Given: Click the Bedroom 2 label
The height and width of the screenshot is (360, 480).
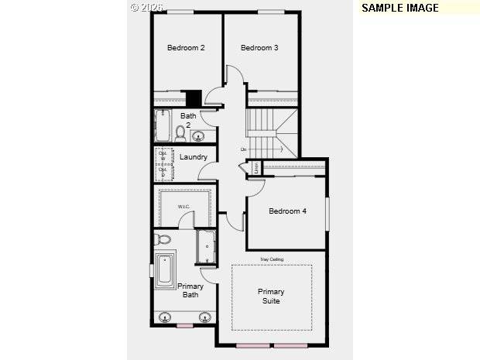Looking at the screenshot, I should pos(186,48).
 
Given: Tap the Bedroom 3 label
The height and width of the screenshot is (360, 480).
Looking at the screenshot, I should pos(259,48).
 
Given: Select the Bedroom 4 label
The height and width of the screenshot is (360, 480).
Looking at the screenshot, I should pos(287,211).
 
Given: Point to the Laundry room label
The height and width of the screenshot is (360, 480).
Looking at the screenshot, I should pos(194,157).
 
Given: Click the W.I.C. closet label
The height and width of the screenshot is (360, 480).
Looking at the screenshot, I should pos(184,207).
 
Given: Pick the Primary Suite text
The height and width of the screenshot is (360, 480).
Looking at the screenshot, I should pos(271,297).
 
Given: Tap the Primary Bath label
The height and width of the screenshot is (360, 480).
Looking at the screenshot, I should pos(191,290).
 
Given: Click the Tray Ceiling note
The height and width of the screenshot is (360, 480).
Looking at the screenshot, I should pos(271,259).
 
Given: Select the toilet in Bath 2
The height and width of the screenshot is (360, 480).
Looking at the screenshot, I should pos(181,133).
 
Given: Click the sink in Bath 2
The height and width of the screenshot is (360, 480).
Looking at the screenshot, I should pos(198,137).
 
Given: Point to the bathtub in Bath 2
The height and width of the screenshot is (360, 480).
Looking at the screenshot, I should pos(163,125).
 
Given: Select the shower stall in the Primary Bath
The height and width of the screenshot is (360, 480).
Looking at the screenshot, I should pos(207,247).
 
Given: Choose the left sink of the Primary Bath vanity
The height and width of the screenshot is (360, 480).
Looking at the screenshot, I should pos(166,317).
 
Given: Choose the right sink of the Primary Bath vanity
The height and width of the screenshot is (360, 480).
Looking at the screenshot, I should pos(205,317).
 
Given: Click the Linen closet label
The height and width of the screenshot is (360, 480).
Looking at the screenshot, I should pos(255,166).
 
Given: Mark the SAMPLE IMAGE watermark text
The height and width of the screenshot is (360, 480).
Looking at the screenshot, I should pos(400,8).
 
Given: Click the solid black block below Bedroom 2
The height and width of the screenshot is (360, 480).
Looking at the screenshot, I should pos(194,99).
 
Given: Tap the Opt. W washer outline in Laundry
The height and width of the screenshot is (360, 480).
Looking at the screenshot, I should pos(163,153).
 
